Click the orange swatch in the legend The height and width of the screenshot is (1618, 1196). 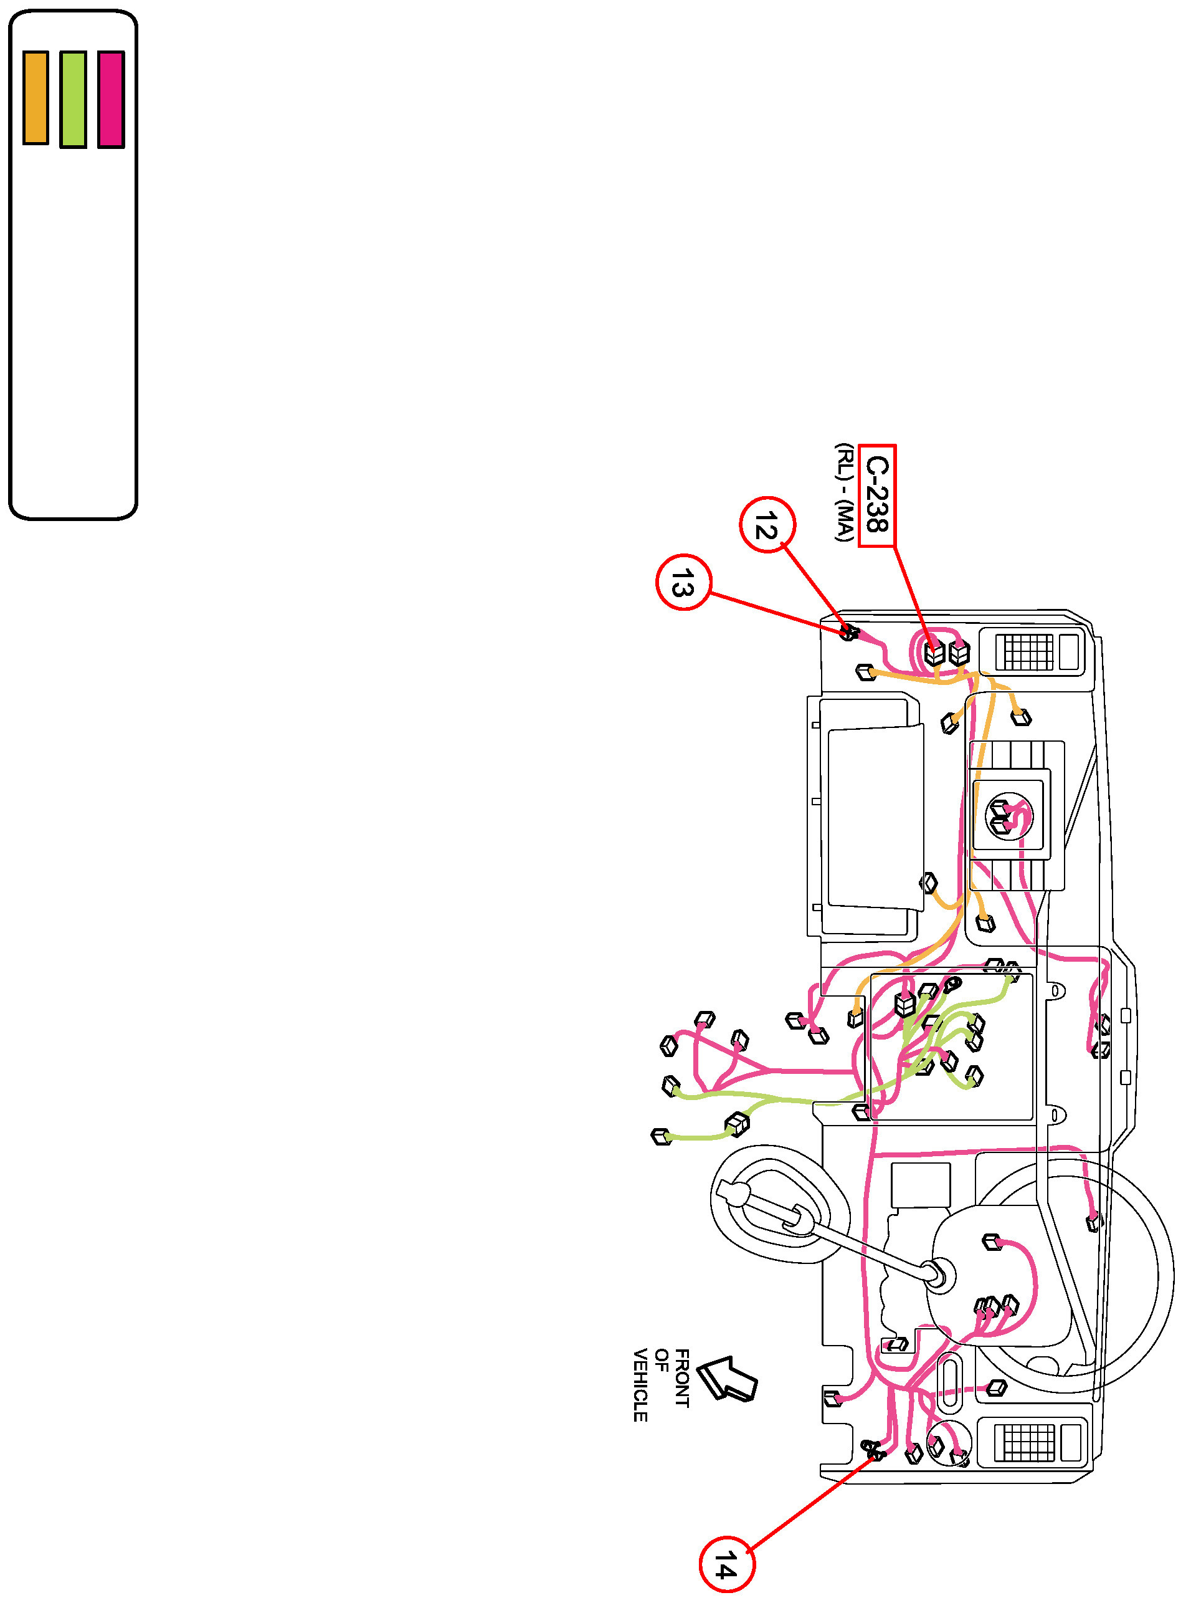36,98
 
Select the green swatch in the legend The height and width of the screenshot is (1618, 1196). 73,99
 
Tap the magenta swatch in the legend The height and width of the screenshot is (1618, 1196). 111,99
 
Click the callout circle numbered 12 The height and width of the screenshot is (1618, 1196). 767,524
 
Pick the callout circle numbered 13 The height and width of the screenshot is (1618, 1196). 683,582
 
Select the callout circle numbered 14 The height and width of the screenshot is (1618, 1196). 726,1564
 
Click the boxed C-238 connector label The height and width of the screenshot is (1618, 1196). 876,495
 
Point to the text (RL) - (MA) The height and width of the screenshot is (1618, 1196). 843,492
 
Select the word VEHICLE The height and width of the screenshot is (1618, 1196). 640,1385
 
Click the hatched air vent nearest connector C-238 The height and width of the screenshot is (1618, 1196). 1026,652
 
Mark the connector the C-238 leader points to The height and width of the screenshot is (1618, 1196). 934,653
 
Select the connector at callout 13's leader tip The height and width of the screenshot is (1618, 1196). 848,632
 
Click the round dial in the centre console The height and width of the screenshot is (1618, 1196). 1009,816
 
